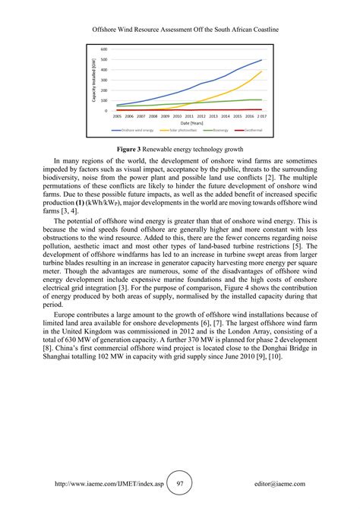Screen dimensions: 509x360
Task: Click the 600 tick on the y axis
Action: point(103,49)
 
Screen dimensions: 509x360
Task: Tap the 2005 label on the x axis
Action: point(117,116)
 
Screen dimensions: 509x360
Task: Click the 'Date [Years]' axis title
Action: point(191,122)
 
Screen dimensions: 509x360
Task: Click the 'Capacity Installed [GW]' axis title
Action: point(94,81)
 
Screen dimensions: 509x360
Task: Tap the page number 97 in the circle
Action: point(180,483)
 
